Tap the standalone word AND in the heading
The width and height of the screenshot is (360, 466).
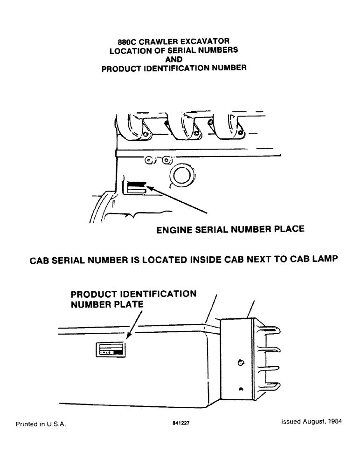[x=173, y=59]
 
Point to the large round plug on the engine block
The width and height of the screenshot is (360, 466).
[x=180, y=176]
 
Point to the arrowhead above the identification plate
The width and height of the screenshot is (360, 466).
[x=129, y=337]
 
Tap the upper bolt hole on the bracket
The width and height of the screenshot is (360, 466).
[x=240, y=362]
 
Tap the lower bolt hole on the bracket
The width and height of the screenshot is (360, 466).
[x=241, y=390]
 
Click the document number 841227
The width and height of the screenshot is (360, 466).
[x=180, y=424]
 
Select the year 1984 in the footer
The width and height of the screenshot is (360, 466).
[x=333, y=421]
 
